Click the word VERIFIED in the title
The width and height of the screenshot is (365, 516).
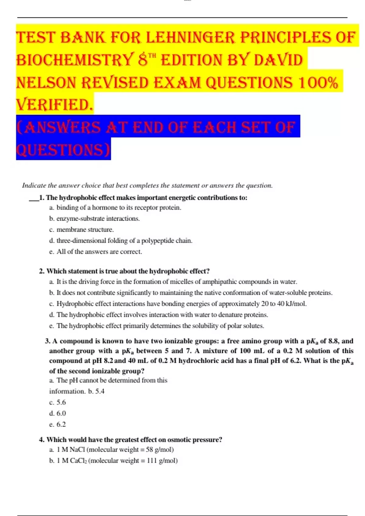pos(54,105)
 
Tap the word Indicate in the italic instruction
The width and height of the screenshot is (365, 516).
pos(34,185)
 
